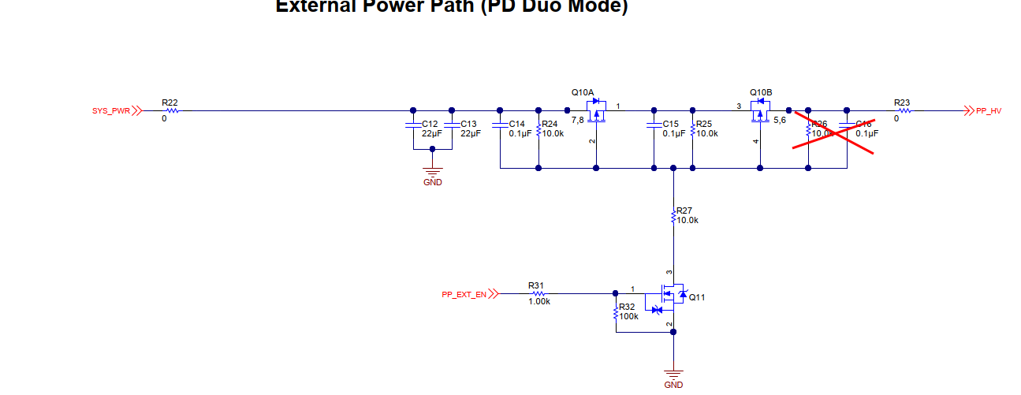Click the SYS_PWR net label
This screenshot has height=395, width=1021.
point(110,111)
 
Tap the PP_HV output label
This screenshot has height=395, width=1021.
point(988,111)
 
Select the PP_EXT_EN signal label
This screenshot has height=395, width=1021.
point(464,294)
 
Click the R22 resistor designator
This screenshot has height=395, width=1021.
point(170,102)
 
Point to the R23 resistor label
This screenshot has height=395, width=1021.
point(902,102)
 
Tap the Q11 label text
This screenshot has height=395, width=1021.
point(697,297)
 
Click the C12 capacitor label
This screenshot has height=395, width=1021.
point(430,124)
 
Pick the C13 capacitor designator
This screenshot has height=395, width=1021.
point(469,124)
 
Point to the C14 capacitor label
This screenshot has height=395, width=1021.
point(516,124)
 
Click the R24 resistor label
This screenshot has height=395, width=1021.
point(550,124)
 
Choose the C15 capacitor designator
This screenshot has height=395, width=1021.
point(670,124)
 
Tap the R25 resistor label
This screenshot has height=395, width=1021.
point(704,124)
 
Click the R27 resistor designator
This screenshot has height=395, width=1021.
point(684,211)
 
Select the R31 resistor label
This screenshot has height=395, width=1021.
point(536,285)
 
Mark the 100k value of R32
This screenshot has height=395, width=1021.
point(628,315)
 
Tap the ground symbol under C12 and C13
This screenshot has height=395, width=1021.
point(431,172)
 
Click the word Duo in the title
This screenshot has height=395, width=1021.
point(537,7)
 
